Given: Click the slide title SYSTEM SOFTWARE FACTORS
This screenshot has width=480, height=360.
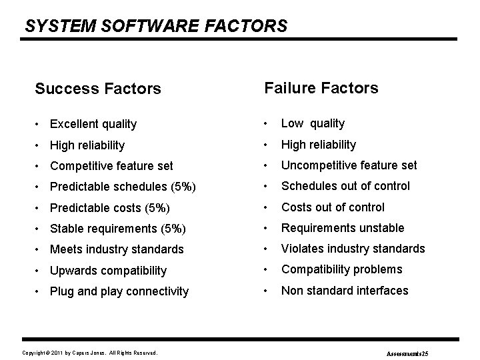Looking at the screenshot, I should pos(156,26).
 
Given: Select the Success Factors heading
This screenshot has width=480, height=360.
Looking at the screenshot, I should pos(98,89).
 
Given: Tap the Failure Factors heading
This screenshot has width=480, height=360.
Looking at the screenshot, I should pos(321,88).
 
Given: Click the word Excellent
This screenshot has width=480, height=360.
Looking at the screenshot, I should pos(73,124).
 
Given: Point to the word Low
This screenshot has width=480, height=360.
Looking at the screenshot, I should pos(291,123).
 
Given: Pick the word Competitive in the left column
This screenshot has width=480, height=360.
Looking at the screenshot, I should pos(79,166).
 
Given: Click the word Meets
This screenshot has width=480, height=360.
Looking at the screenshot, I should pos(65,249).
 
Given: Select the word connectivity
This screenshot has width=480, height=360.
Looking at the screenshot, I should pos(158,291).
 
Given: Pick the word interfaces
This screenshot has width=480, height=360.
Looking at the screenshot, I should pos(381,290).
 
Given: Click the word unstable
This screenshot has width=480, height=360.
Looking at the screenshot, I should pos(381,228).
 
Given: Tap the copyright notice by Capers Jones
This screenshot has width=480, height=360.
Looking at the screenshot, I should pos(90,352).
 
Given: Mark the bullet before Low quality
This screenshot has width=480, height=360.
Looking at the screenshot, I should pos(267,124).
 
